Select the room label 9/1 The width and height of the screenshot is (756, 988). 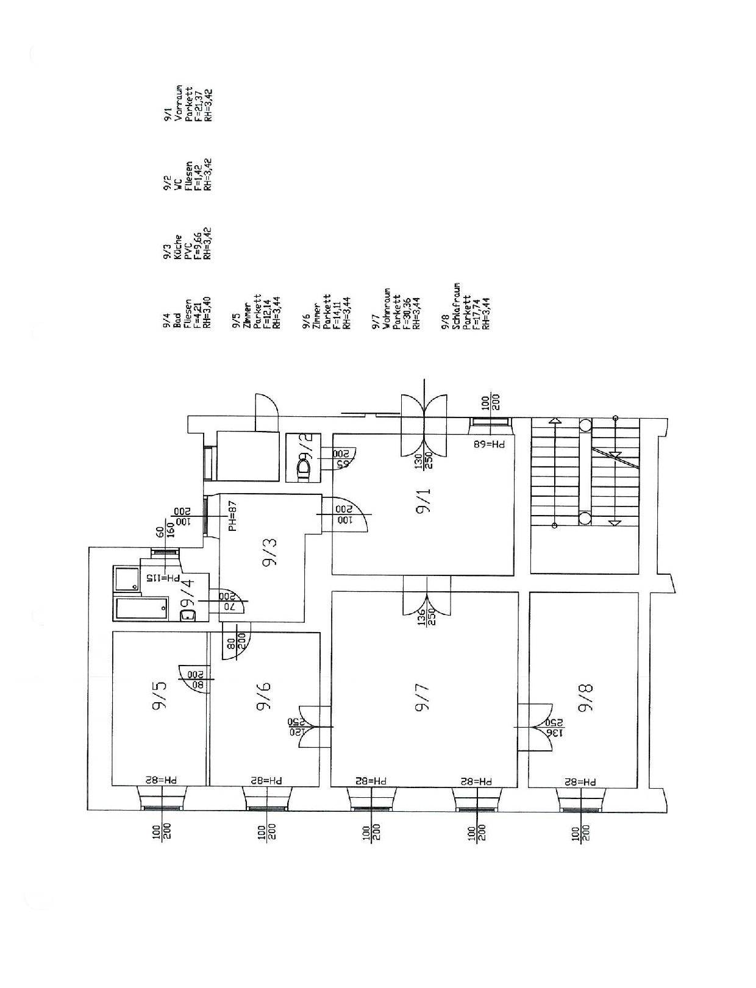pos(423,501)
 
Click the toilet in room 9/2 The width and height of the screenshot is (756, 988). pos(302,469)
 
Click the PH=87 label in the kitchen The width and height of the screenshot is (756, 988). pos(232,516)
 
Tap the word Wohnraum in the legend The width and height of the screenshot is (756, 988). pos(386,308)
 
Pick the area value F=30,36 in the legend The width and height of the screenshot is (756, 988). pos(405,313)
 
